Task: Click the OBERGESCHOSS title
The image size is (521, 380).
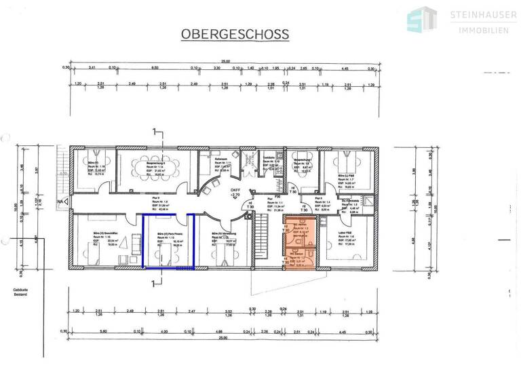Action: point(234,34)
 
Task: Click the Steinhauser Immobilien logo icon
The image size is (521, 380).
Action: point(421,20)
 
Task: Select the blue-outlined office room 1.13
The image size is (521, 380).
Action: point(168,242)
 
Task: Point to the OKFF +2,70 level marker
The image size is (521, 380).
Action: point(235,192)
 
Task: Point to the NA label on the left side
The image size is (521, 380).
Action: point(60,202)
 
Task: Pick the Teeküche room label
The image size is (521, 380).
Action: point(268,160)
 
